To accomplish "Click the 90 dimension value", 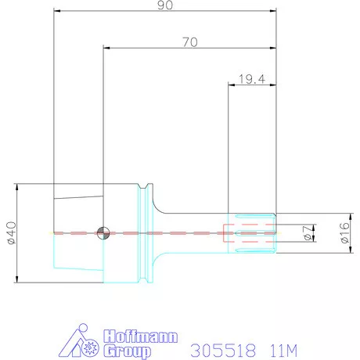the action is [x=165, y=5].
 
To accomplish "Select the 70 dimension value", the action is [x=190, y=42].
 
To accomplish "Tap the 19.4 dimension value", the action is [x=252, y=79].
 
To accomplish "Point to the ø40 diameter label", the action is [x=12, y=233].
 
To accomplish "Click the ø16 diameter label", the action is [x=345, y=232].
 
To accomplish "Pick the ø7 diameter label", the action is [x=308, y=233].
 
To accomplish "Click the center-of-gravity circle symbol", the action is [x=103, y=233].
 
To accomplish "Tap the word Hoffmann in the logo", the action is [x=141, y=337].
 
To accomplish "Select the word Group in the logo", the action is [x=127, y=351].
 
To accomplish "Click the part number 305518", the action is [x=223, y=351].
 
